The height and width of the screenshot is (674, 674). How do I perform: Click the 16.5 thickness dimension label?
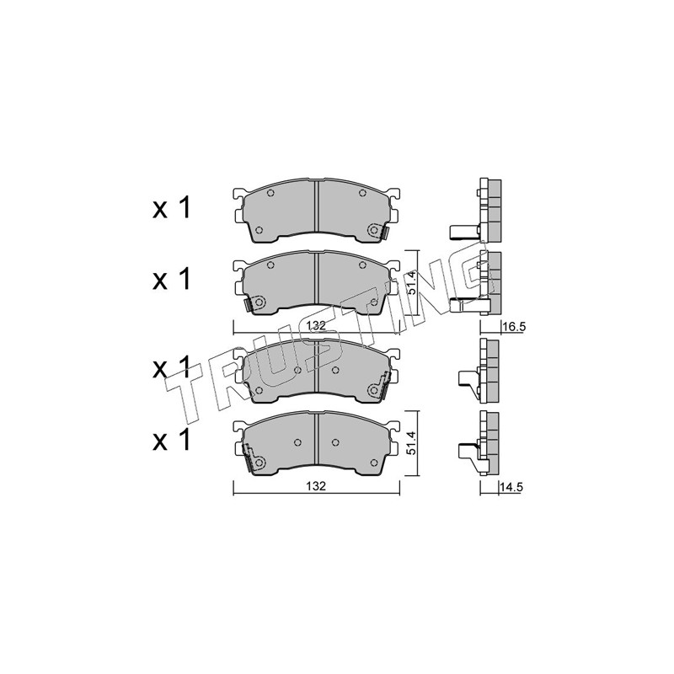(x=514, y=327)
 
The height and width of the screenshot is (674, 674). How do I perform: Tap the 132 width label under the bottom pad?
(x=316, y=486)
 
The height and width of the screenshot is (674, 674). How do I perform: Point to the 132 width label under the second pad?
(x=317, y=325)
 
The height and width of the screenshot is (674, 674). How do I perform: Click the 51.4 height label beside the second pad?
(x=411, y=282)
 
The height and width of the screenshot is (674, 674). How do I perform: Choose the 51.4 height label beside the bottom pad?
(x=411, y=443)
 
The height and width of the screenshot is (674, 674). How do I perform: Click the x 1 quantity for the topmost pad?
(x=171, y=208)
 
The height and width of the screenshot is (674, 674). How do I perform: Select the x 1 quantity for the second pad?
(x=171, y=279)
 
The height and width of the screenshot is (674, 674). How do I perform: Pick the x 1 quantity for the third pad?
(x=171, y=369)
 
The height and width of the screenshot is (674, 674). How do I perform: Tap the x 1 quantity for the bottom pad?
(x=171, y=440)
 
